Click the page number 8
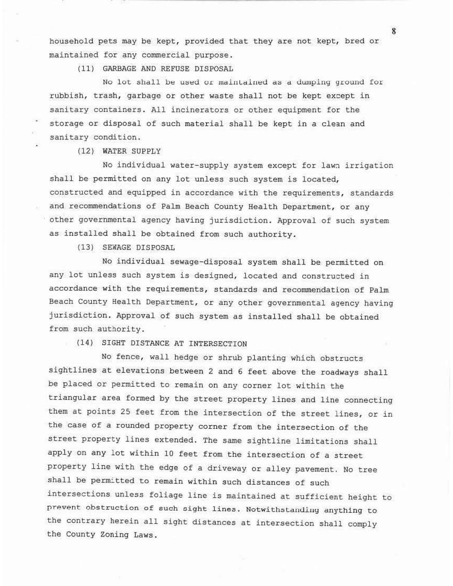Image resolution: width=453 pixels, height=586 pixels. [393, 31]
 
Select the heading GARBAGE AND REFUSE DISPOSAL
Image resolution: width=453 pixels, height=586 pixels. [168, 69]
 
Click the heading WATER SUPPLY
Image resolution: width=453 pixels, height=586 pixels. [131, 151]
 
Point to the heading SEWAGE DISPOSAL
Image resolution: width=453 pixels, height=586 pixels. [138, 248]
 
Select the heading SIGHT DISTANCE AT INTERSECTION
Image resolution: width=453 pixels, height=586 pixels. [174, 344]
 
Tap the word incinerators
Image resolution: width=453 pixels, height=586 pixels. [199, 110]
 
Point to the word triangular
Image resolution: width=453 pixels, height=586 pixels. [72, 398]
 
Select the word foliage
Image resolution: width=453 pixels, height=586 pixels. [166, 495]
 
